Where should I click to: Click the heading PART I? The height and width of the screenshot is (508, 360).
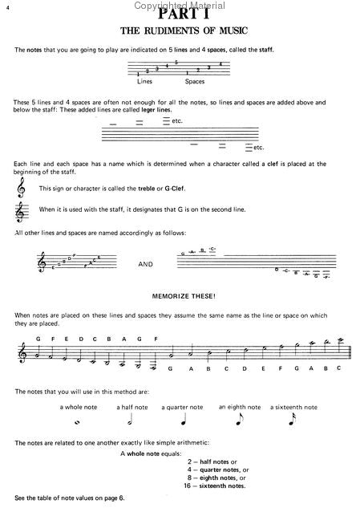pos(180,14)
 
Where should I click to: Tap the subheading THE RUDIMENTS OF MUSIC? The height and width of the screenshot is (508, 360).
pos(180,31)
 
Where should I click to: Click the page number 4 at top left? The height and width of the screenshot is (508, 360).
pos(6,7)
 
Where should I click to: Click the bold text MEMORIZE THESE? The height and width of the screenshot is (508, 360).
pos(180,296)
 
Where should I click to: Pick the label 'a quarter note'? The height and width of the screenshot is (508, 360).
pos(182,407)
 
